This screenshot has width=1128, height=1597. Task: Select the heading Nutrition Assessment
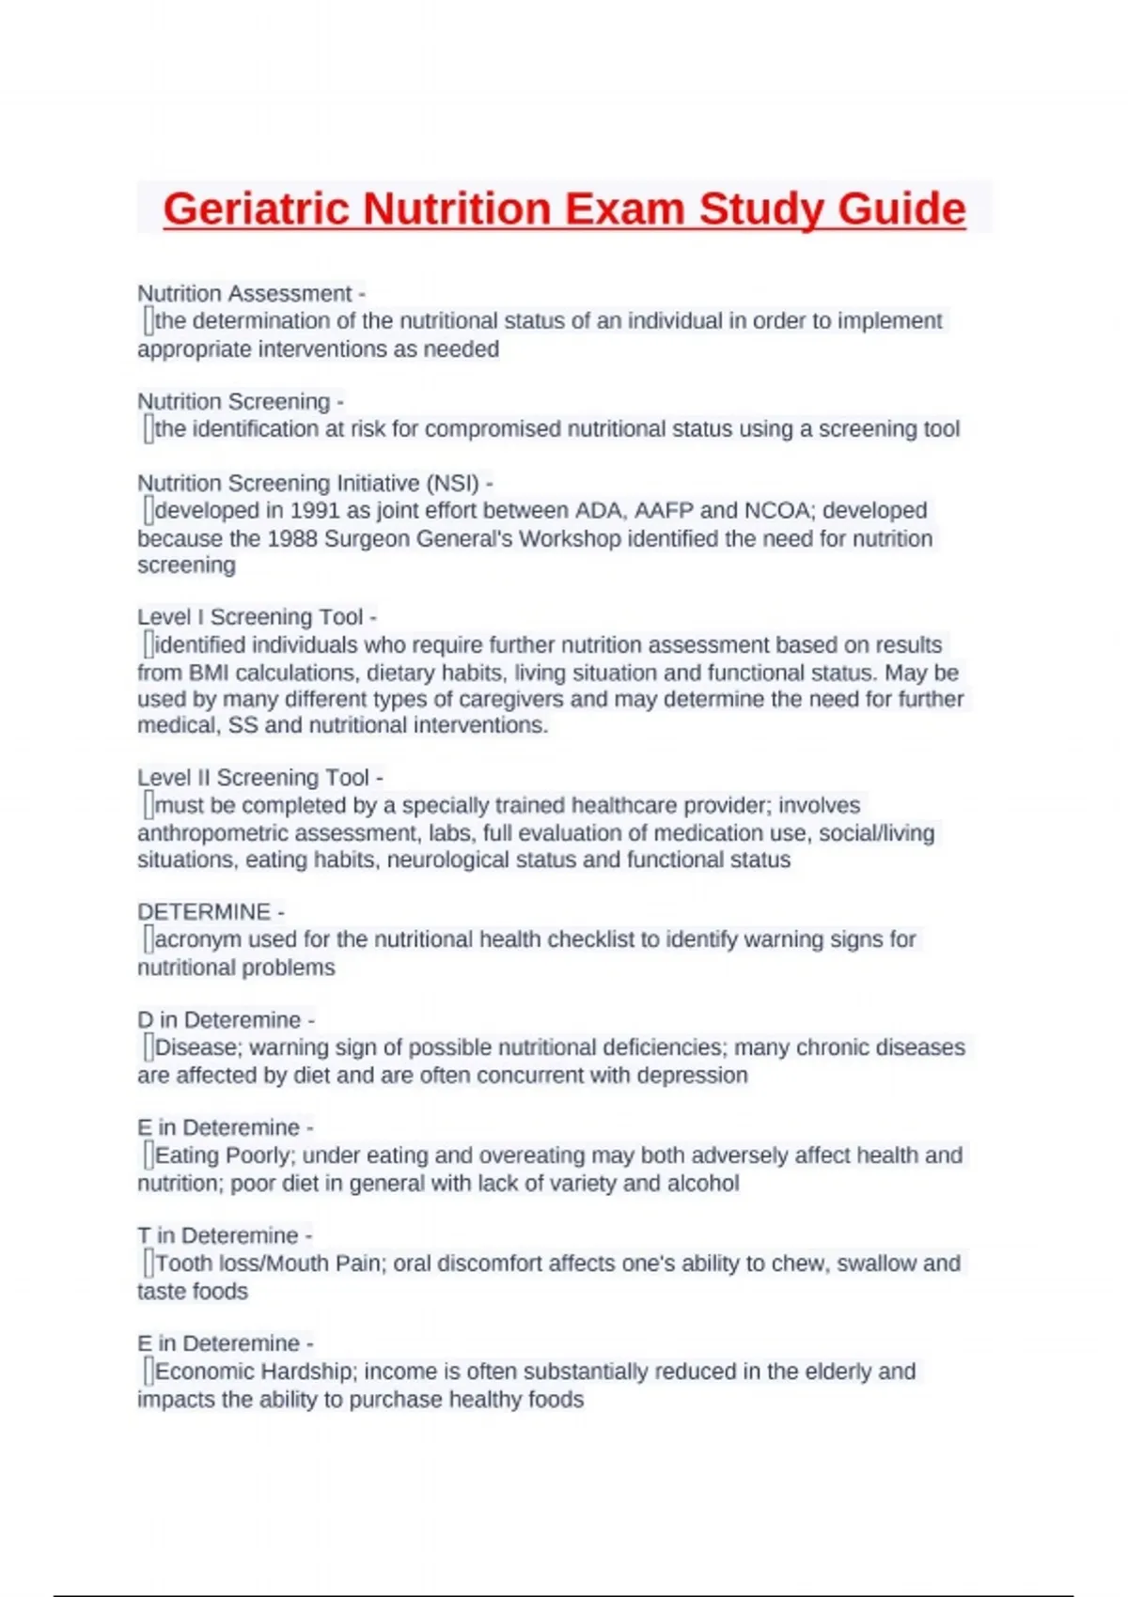pyautogui.click(x=244, y=293)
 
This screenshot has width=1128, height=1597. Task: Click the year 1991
pyautogui.click(x=315, y=510)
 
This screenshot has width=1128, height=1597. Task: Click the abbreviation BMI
pyautogui.click(x=209, y=673)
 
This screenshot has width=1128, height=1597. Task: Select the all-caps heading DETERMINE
pyautogui.click(x=204, y=912)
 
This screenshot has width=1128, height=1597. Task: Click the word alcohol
pyautogui.click(x=702, y=1183)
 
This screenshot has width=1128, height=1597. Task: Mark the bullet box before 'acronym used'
pyautogui.click(x=148, y=939)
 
